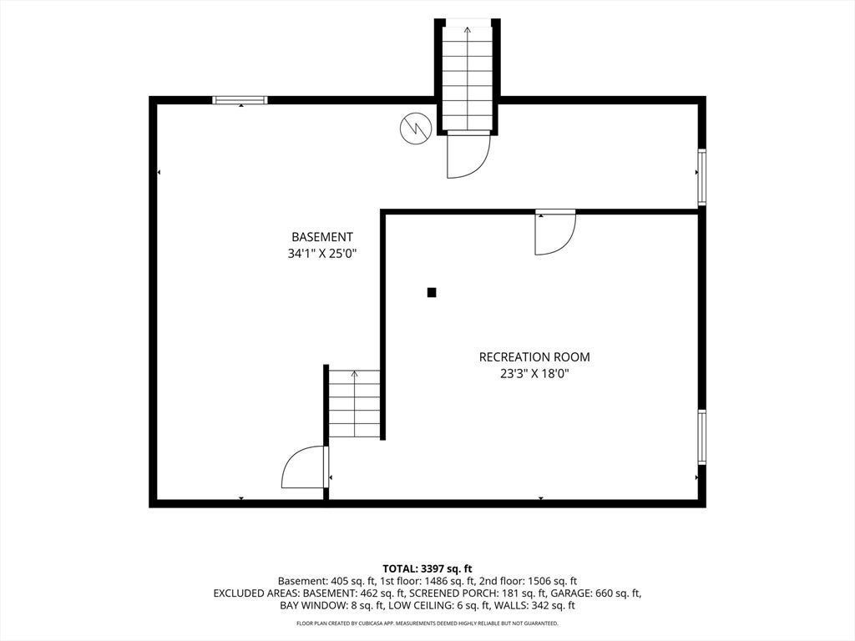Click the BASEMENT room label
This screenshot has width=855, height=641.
(x=321, y=237)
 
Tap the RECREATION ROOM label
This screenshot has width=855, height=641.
(x=534, y=357)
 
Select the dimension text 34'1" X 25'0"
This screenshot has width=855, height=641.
(x=321, y=254)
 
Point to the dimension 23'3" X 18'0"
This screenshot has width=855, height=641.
(x=534, y=374)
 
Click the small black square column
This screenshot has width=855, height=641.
(x=432, y=293)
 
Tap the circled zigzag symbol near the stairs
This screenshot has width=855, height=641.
(x=416, y=129)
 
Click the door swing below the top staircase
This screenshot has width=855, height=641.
(x=469, y=157)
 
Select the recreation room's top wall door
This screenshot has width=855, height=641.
(x=555, y=233)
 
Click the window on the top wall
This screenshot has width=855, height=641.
(x=240, y=100)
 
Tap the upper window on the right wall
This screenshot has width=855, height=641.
(x=702, y=177)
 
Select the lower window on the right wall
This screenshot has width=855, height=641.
(x=702, y=437)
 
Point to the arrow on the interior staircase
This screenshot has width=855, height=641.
(x=354, y=403)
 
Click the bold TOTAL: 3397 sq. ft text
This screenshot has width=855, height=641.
(x=427, y=569)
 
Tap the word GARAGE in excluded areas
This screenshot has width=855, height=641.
(x=568, y=593)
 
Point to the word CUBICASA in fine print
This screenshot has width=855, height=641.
(x=372, y=623)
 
